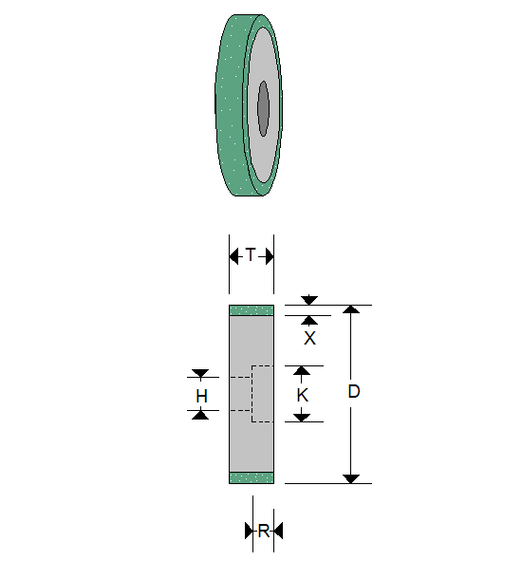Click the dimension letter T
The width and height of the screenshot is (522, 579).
coord(251,255)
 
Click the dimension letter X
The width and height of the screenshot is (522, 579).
coord(309,338)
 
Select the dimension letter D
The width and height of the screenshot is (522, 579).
coord(353,392)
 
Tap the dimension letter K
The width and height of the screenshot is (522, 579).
coord(302,394)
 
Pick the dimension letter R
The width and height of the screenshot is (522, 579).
coord(263,531)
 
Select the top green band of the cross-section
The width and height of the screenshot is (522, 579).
coord(252,310)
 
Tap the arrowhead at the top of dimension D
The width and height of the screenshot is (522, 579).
coord(351,310)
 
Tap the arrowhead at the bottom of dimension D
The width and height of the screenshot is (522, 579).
coord(351,477)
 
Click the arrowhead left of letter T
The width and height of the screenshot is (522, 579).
coord(234,255)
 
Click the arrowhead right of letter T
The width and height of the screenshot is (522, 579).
coord(269,255)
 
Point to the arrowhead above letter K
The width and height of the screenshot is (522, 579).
coord(302,371)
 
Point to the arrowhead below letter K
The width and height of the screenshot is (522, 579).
coord(302,417)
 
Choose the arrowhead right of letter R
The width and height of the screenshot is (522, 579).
coord(277,531)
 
